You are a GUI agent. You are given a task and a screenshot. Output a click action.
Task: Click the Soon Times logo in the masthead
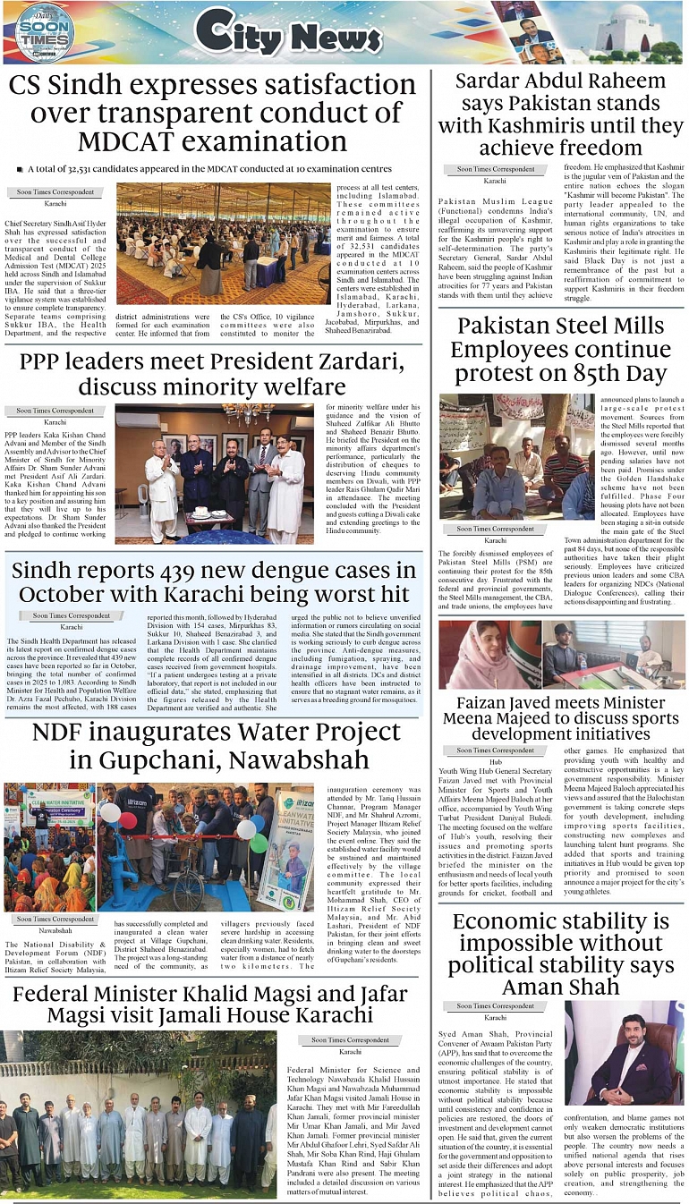click(44, 32)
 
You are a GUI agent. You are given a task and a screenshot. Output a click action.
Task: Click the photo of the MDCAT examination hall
click(223, 244)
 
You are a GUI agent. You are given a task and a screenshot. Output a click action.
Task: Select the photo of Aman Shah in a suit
click(625, 1053)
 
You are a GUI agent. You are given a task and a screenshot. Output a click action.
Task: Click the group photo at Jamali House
click(139, 1115)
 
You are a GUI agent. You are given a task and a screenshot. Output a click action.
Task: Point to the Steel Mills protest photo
click(516, 456)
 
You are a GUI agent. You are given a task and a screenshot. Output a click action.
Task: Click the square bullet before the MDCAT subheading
click(19, 169)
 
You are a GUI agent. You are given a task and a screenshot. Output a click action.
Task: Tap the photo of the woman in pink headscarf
click(488, 656)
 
